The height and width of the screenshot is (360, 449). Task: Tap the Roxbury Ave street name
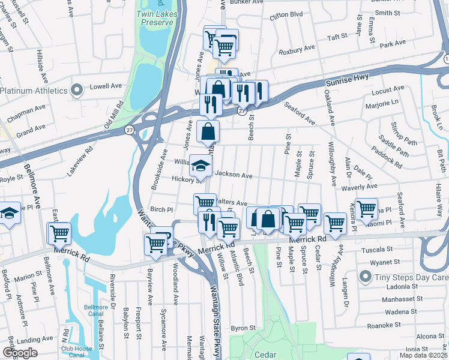(x=301, y=48)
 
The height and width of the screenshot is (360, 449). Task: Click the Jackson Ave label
(x=234, y=175)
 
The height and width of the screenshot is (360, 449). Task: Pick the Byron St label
(x=244, y=328)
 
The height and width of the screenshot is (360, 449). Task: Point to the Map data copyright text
(x=423, y=355)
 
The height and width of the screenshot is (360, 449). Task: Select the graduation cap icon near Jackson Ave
(x=201, y=165)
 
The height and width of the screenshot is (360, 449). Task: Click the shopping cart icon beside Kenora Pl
(x=366, y=209)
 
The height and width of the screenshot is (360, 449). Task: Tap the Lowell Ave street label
(x=106, y=86)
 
